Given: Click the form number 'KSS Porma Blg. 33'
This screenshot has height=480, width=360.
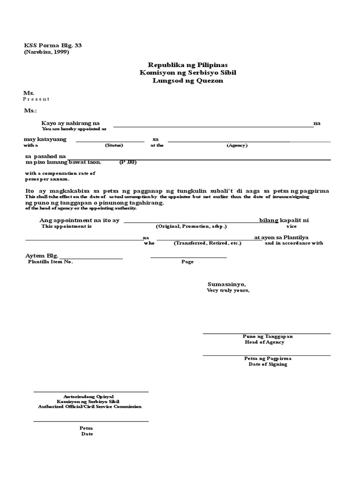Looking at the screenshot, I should pyautogui.click(x=49, y=45).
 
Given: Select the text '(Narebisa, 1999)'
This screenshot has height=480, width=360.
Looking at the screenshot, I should pyautogui.click(x=46, y=52).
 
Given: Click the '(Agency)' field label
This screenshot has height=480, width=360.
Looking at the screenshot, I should pyautogui.click(x=237, y=146).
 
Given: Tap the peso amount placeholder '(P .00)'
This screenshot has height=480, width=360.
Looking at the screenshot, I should pyautogui.click(x=127, y=163).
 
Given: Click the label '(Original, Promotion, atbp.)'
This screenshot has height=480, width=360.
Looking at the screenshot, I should pyautogui.click(x=191, y=226).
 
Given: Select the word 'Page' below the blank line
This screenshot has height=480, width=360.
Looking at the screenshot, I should pyautogui.click(x=187, y=262).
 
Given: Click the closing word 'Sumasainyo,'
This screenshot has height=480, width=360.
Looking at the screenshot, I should pyautogui.click(x=226, y=284).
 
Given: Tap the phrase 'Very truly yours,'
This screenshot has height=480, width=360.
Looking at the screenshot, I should pyautogui.click(x=228, y=291).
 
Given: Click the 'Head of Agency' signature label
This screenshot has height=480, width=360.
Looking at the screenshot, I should pyautogui.click(x=264, y=342).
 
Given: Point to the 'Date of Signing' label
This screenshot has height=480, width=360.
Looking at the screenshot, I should pyautogui.click(x=268, y=364).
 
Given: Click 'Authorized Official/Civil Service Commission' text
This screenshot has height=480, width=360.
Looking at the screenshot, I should pyautogui.click(x=90, y=407).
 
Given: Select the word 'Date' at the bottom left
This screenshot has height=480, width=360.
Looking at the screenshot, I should pyautogui.click(x=87, y=434).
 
